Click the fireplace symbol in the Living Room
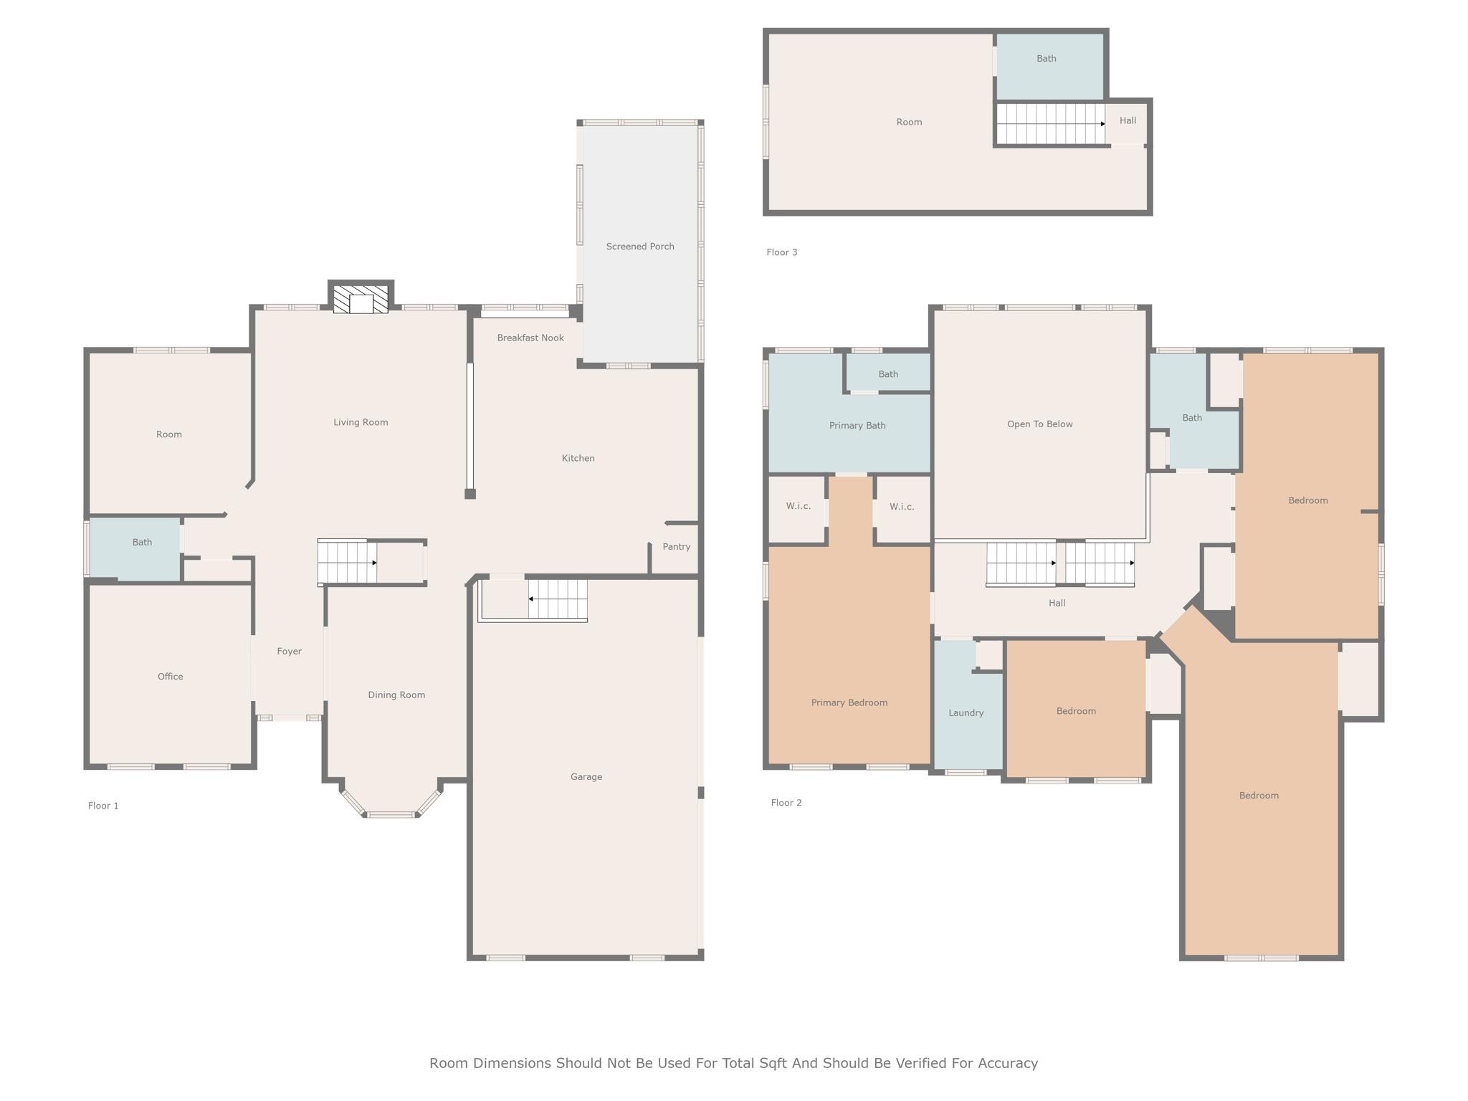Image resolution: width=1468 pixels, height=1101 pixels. [361, 299]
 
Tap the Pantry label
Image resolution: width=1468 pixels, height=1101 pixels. [676, 547]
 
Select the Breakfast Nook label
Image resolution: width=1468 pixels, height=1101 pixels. [530, 338]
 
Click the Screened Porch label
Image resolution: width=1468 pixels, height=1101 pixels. [640, 247]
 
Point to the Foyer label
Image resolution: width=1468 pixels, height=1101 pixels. [289, 652]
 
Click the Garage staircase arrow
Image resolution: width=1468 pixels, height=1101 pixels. [531, 599]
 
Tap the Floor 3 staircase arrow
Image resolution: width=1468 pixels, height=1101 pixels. [1102, 124]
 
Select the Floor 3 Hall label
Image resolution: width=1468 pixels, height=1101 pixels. [1128, 120]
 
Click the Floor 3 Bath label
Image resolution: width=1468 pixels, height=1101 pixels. [1046, 59]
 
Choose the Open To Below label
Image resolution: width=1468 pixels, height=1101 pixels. [1039, 424]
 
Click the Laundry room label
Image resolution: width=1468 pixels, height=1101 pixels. [966, 713]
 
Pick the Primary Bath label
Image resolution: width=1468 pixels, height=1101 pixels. [857, 426]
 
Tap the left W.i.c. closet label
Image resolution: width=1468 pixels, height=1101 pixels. [798, 506]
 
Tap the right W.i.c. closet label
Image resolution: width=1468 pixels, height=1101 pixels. [902, 507]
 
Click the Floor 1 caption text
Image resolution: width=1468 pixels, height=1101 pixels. [103, 806]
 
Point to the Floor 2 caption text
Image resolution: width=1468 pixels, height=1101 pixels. [786, 803]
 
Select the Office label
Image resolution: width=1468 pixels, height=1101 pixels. [170, 677]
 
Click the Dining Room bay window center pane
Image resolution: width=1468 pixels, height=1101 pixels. [391, 815]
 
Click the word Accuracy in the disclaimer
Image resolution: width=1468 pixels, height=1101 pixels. [1008, 1064]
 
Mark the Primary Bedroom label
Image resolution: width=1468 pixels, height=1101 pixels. [849, 702]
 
